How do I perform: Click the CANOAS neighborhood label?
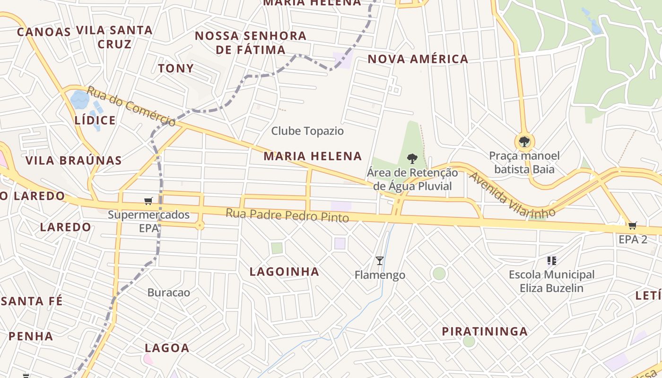point(44,32)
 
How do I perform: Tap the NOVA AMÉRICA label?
point(418,59)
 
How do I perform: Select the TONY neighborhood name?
point(176,69)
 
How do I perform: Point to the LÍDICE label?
point(95,120)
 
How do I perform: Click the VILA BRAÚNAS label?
point(74,160)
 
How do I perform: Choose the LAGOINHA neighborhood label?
point(284,272)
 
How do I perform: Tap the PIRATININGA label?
point(485,331)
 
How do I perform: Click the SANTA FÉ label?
point(31,301)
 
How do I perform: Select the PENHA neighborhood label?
point(31,336)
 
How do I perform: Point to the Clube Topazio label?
point(307,131)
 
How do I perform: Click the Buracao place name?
point(169,292)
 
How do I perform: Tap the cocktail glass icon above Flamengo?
point(379,260)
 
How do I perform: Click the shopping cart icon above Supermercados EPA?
point(148,201)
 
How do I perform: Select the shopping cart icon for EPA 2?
point(632,225)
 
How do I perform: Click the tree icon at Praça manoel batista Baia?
point(524,141)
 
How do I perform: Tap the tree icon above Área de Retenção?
point(412,159)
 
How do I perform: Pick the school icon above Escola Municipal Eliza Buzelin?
point(551,260)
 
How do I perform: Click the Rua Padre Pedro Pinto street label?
point(287,215)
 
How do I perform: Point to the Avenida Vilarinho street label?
point(512,195)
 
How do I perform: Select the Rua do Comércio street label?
point(131,106)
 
